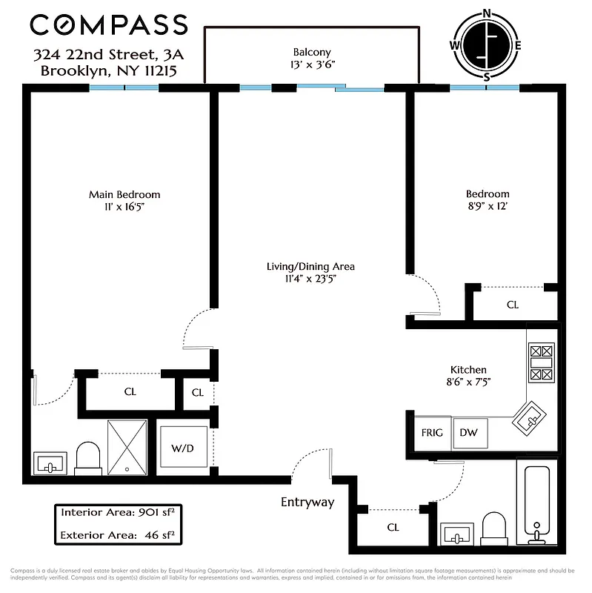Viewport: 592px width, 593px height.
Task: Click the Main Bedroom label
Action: pyautogui.click(x=124, y=195)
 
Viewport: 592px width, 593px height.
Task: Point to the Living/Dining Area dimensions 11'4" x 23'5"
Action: pyautogui.click(x=311, y=279)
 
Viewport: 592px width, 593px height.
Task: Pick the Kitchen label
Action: pyautogui.click(x=468, y=370)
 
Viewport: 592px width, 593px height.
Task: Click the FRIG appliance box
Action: pyautogui.click(x=432, y=432)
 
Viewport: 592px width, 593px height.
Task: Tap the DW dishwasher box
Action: pyautogui.click(x=468, y=432)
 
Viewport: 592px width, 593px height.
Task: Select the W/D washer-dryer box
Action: pyautogui.click(x=182, y=448)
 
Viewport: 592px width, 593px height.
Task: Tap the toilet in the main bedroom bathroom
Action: pyautogui.click(x=89, y=459)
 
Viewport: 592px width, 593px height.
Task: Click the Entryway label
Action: pyautogui.click(x=307, y=503)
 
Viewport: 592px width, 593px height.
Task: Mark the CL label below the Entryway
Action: pyautogui.click(x=393, y=527)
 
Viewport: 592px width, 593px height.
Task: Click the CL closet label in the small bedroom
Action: pyautogui.click(x=513, y=305)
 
